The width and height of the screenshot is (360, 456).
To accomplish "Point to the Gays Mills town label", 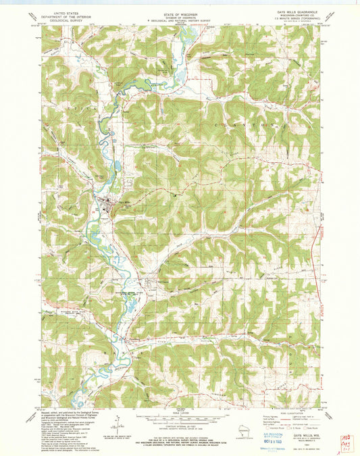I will click(x=124, y=201).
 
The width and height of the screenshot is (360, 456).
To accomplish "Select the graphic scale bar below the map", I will click(x=180, y=415).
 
